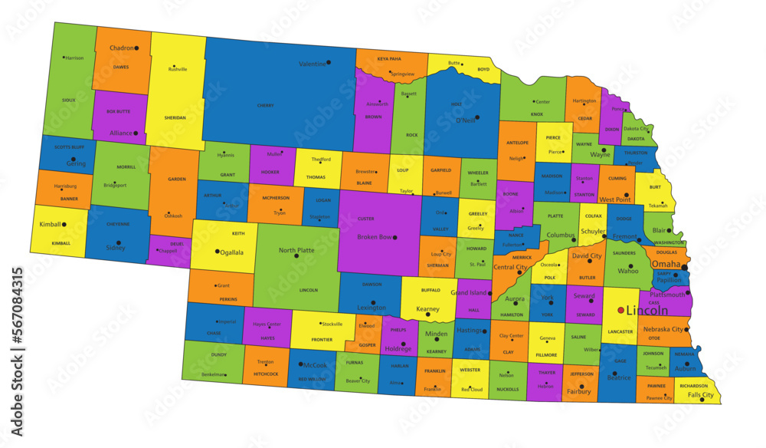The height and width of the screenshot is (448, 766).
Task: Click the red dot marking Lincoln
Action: click(620, 311)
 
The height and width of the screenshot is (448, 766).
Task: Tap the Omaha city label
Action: click(665, 264)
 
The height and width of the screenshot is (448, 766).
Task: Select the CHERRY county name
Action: click(266, 104)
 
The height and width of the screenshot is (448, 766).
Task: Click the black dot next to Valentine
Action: click(329, 63)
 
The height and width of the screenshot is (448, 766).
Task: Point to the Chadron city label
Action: click(121, 48)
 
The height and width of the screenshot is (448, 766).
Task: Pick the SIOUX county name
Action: click(68, 100)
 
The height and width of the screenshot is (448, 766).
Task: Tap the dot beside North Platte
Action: click(296, 255)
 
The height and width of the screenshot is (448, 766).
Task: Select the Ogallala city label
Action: click(234, 251)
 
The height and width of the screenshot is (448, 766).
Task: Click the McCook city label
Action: click(314, 364)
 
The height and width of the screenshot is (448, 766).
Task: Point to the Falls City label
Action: click(700, 395)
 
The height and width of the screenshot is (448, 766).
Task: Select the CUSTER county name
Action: click(366, 219)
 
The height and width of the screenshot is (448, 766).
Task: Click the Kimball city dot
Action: click(64, 225)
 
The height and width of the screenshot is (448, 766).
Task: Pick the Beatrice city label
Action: click(619, 377)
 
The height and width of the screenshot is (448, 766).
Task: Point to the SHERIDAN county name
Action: click(175, 118)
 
